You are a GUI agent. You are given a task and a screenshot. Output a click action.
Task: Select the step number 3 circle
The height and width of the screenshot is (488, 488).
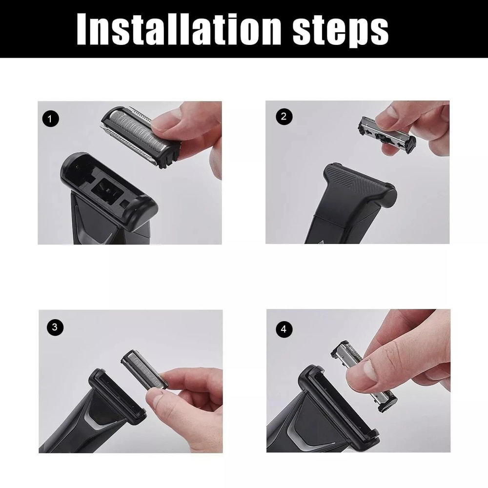54,327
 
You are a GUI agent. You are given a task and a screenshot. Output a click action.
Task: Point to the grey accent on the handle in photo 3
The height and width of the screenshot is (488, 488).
96,420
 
